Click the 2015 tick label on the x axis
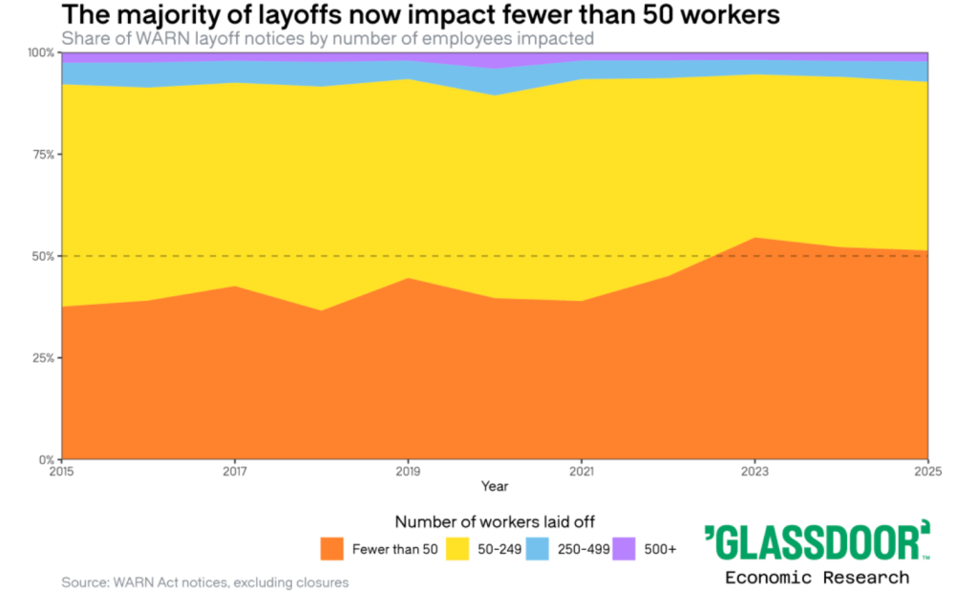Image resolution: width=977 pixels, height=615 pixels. tap(61, 471)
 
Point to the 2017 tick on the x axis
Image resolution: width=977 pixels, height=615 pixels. tap(235, 471)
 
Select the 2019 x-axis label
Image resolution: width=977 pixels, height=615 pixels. tap(409, 471)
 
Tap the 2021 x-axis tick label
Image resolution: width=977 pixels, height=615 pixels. tap(582, 471)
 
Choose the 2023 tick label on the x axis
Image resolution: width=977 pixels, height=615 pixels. tap(754, 471)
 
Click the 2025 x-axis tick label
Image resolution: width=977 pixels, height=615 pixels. tap(927, 471)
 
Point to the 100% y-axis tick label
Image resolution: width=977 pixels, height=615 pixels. tap(40, 53)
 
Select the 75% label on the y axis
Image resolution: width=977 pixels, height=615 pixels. tap(42, 154)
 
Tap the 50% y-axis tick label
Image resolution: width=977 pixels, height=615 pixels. tap(42, 256)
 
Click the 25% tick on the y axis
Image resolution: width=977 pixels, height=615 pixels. tap(42, 358)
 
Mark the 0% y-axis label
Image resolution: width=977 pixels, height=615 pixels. tap(45, 459)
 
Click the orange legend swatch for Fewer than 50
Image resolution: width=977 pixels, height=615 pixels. tap(332, 549)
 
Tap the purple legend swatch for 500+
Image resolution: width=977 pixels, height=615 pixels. tap(624, 549)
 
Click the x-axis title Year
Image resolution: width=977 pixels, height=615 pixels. tap(495, 486)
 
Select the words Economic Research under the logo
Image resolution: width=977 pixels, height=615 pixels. tap(817, 577)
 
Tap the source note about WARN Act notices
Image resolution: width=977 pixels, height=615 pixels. tap(204, 582)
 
